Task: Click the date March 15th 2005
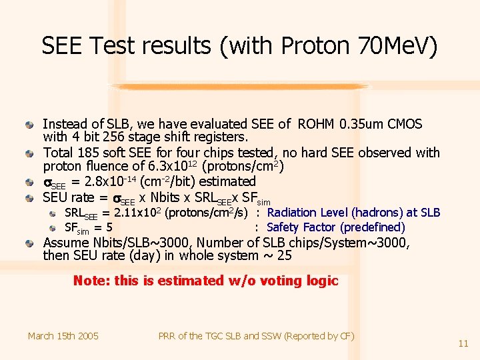(63, 336)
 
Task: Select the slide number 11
(463, 343)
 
